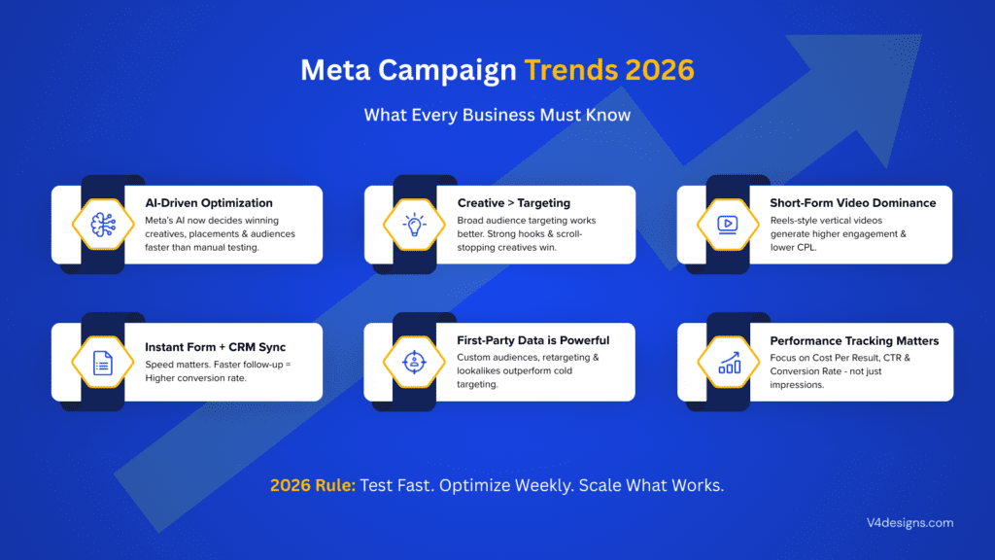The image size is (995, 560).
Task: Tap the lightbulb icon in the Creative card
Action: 415,225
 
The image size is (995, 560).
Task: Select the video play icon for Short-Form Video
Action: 728,225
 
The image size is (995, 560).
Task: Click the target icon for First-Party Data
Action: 415,363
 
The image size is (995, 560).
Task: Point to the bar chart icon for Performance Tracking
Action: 728,363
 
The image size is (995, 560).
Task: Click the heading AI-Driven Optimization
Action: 209,203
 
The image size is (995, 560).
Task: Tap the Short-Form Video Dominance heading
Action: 852,203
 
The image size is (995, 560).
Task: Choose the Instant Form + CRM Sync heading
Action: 215,346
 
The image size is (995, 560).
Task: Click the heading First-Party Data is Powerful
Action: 533,340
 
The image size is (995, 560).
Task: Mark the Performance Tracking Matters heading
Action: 854,341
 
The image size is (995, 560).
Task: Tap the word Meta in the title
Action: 333,71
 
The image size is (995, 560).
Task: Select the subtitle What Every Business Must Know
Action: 497,115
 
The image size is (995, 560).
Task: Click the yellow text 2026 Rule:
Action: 315,485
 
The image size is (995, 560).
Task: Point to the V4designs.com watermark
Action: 910,523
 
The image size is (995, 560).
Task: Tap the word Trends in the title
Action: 567,71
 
